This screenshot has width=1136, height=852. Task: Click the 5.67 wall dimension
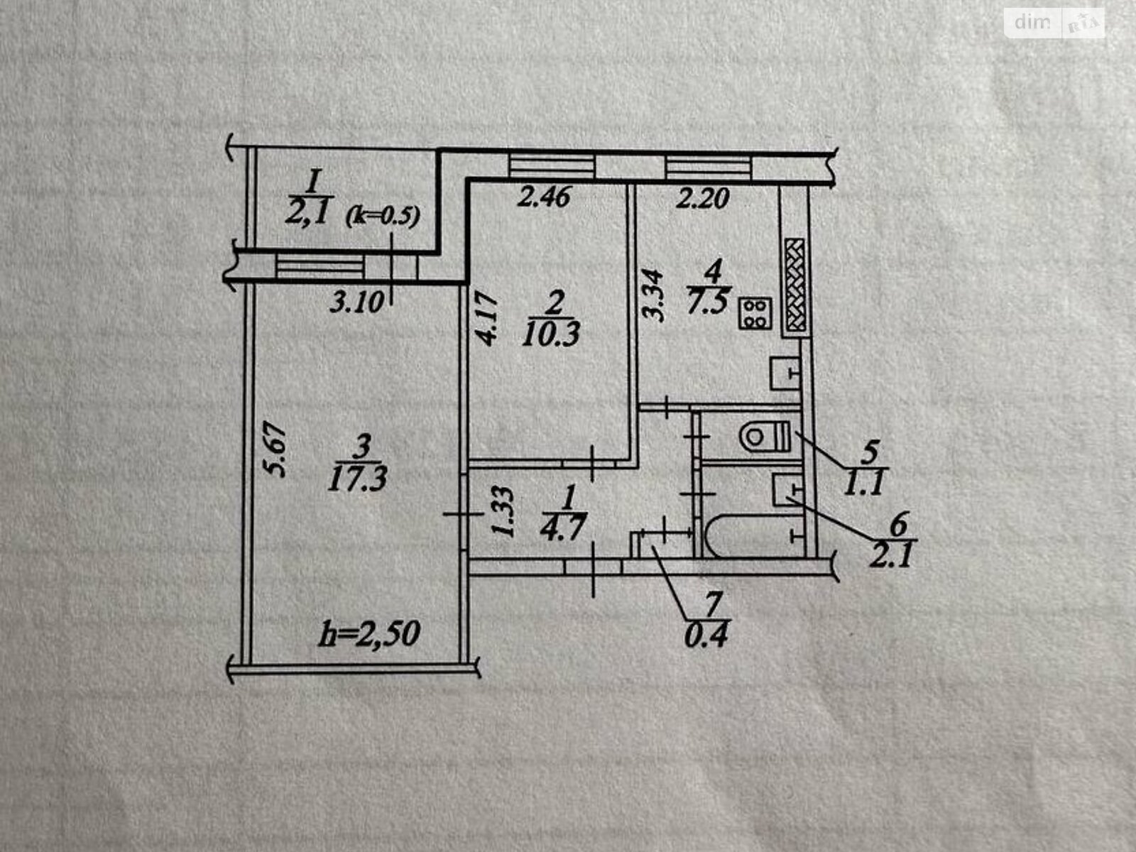tap(277, 450)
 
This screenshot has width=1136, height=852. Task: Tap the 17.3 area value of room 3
tap(358, 480)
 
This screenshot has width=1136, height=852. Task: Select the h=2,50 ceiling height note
tap(369, 633)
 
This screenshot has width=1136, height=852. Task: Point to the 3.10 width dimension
tap(356, 303)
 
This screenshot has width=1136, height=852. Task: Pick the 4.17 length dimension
tap(488, 320)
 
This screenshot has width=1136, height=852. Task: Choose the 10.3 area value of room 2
tap(551, 333)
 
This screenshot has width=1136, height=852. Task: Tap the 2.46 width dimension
tap(543, 197)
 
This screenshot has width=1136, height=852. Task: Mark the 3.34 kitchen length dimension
tap(657, 295)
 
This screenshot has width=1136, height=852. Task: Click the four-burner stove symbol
tap(755, 313)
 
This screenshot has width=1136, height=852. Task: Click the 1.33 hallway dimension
tap(503, 513)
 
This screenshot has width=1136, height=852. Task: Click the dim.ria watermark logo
tap(1054, 23)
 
